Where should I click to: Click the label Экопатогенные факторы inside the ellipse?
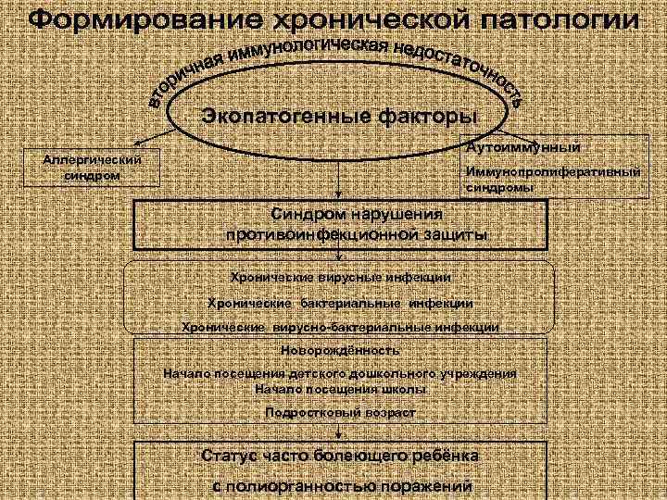[339, 117]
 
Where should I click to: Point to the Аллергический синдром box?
[92, 168]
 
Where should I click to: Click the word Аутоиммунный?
[522, 146]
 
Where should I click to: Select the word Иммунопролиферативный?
[552, 172]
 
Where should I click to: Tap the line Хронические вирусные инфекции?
[340, 276]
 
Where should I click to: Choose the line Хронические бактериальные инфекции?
[340, 302]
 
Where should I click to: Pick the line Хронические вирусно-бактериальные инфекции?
[340, 327]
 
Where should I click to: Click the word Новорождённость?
[340, 351]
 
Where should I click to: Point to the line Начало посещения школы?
[340, 389]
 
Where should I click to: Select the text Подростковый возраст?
[340, 413]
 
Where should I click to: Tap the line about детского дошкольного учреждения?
[340, 374]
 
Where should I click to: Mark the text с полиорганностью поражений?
[340, 484]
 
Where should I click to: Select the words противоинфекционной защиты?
[357, 235]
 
